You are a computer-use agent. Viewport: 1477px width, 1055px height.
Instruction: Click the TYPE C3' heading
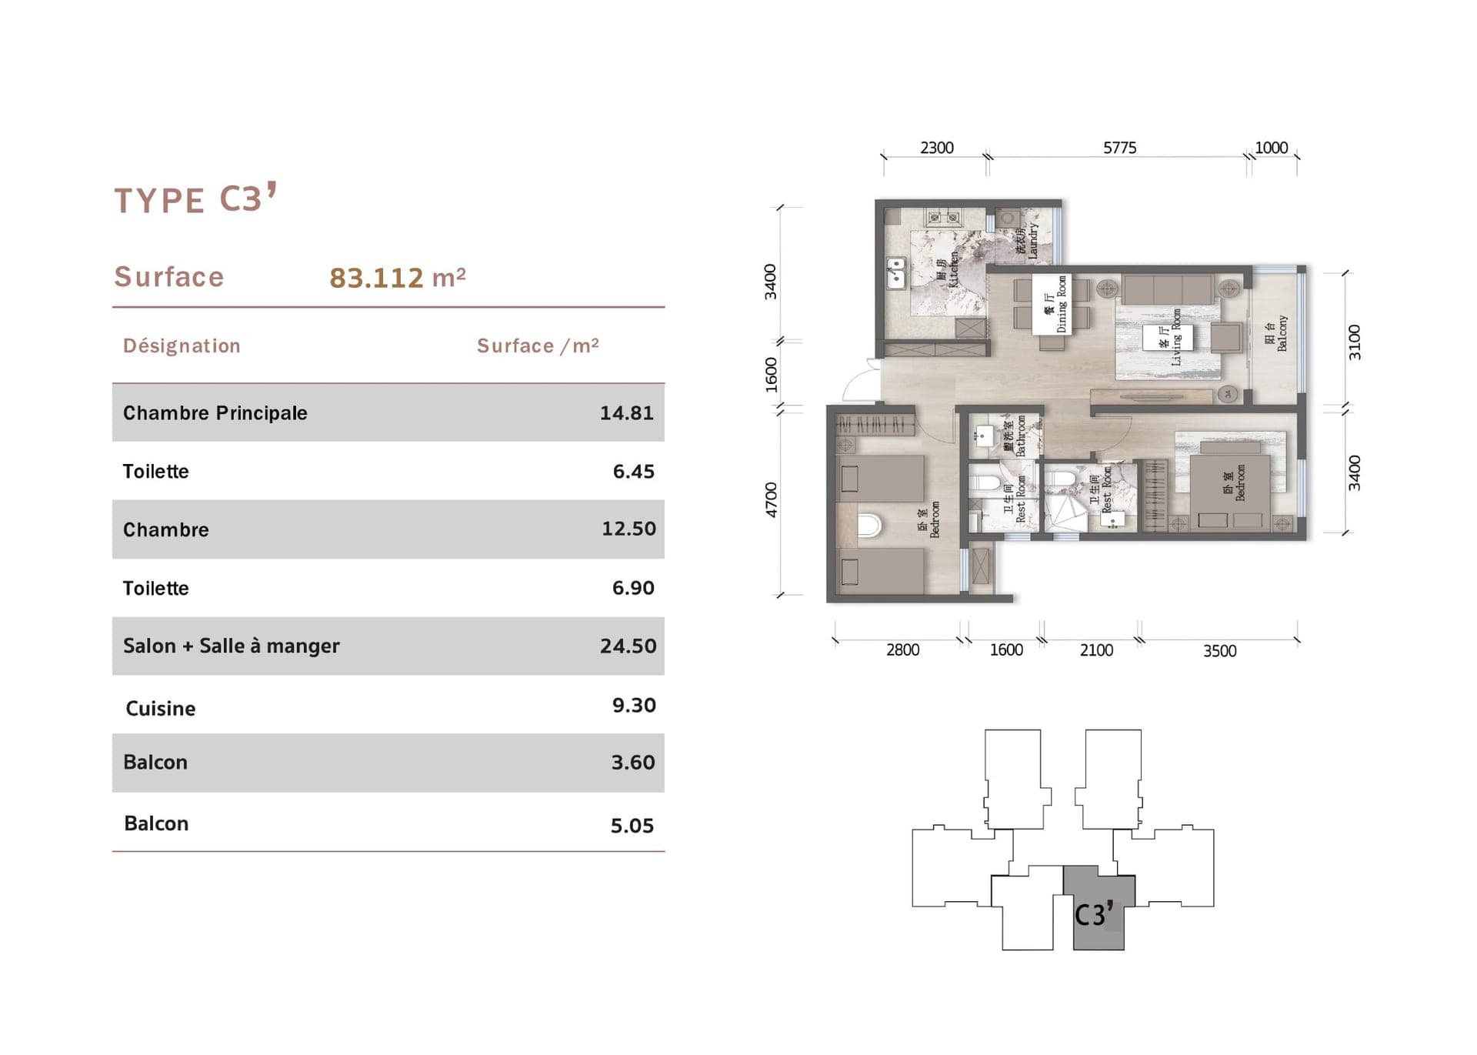pyautogui.click(x=195, y=199)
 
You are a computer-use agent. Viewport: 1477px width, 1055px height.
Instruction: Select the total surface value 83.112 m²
pyautogui.click(x=397, y=278)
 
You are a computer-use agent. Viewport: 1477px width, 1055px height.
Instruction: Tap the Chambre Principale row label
pyautogui.click(x=215, y=413)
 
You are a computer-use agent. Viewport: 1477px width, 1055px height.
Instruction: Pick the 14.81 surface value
pyautogui.click(x=626, y=413)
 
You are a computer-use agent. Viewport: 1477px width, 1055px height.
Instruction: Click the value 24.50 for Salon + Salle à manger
pyautogui.click(x=628, y=646)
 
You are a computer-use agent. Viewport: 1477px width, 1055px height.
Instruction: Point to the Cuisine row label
pyautogui.click(x=160, y=708)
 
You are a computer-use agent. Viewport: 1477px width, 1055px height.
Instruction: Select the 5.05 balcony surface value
pyautogui.click(x=632, y=826)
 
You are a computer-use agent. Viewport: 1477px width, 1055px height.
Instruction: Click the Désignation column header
pyautogui.click(x=182, y=346)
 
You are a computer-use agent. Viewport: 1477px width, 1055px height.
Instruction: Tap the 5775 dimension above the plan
pyautogui.click(x=1119, y=148)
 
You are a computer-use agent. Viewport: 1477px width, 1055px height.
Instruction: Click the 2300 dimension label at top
pyautogui.click(x=936, y=148)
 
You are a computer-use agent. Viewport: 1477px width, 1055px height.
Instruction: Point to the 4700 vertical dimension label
pyautogui.click(x=771, y=499)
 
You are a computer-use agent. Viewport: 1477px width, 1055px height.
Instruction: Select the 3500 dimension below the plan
pyautogui.click(x=1219, y=651)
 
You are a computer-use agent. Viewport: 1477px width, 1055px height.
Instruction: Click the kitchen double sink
pyautogui.click(x=895, y=273)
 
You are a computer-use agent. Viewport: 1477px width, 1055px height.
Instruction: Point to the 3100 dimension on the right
pyautogui.click(x=1354, y=342)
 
